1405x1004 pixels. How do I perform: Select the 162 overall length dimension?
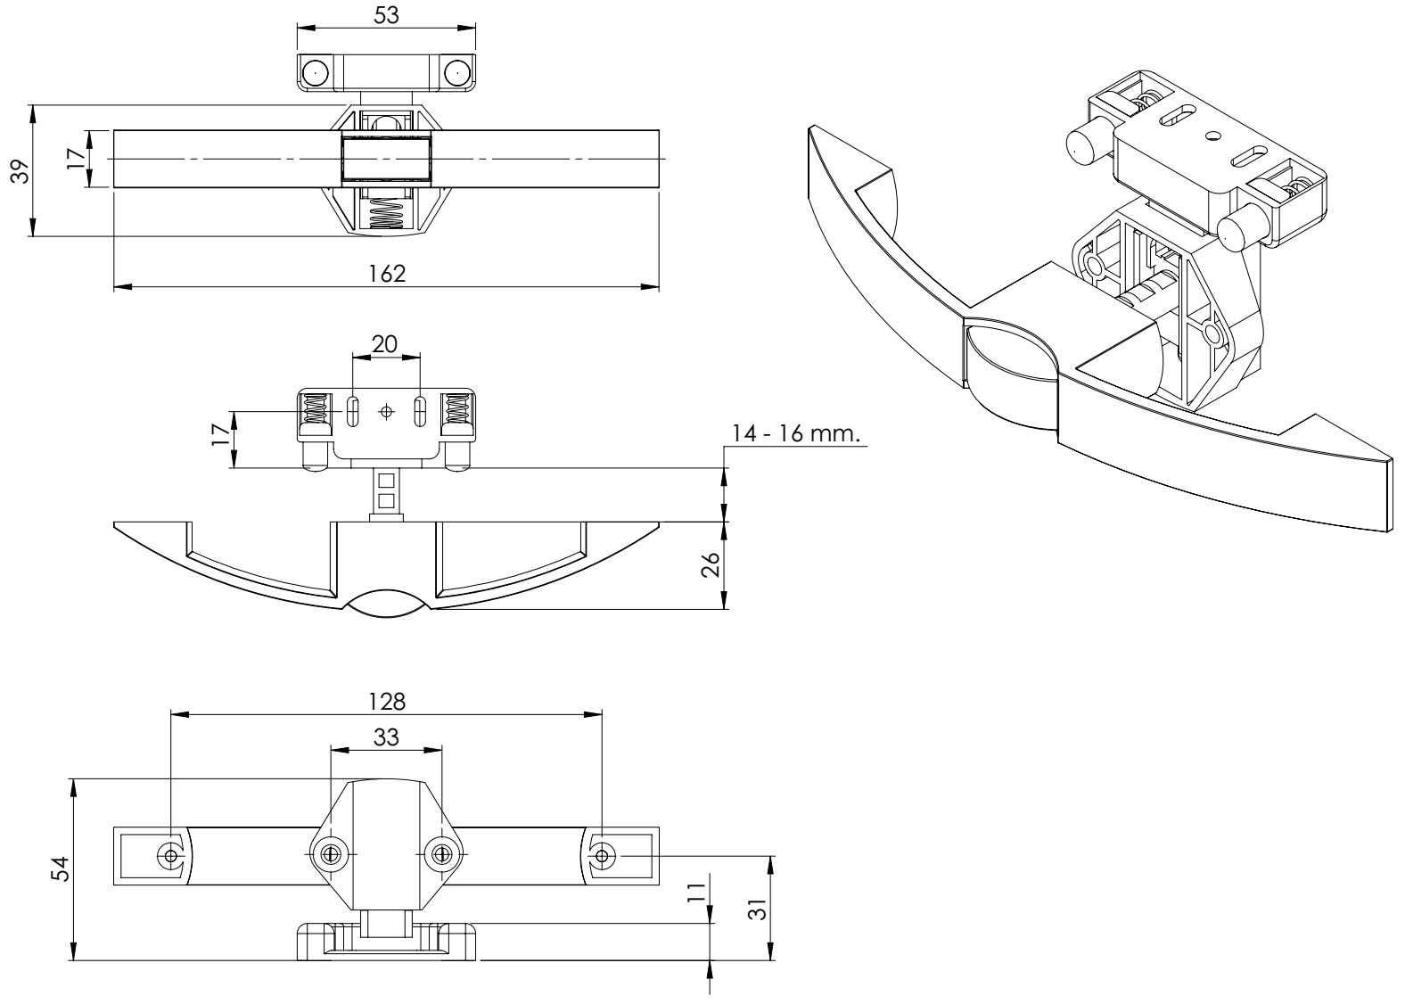[387, 273]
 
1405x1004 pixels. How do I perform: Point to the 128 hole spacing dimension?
[387, 701]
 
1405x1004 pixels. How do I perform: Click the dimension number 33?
[386, 737]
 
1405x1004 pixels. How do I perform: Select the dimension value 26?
[711, 565]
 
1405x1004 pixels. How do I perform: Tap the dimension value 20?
[385, 344]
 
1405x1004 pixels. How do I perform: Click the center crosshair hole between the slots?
[386, 412]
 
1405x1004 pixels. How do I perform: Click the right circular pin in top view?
[456, 72]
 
